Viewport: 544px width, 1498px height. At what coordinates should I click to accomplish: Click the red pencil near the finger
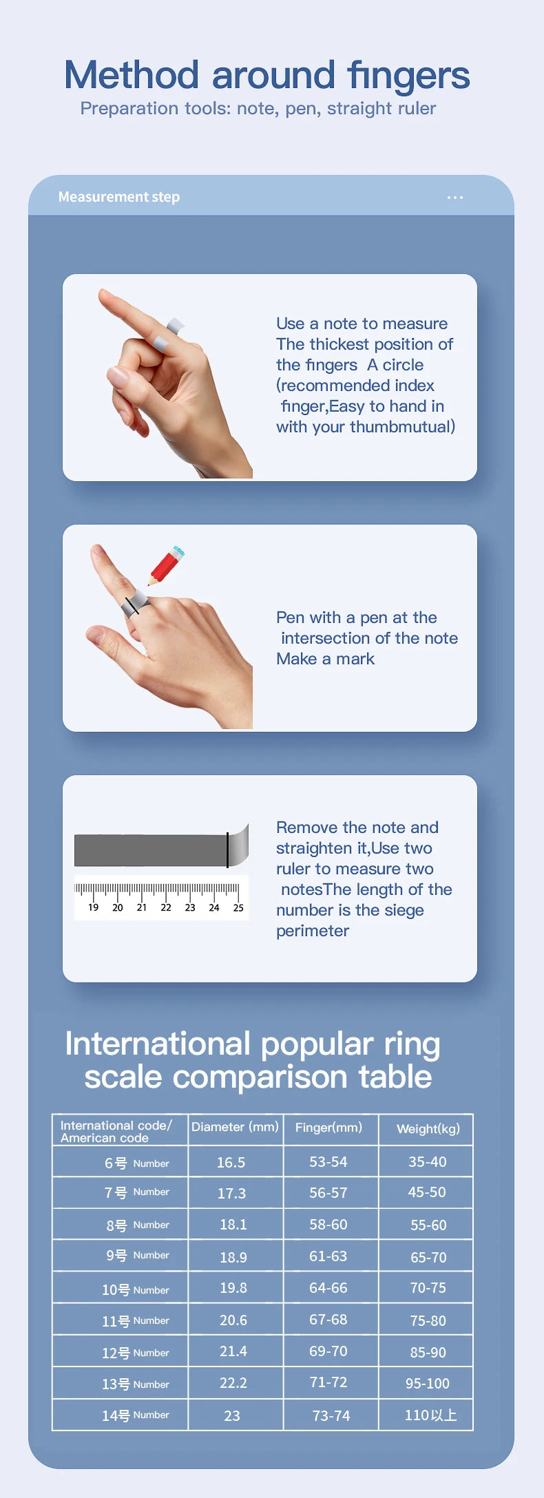click(x=166, y=566)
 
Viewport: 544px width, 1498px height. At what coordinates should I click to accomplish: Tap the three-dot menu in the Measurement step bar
click(x=455, y=198)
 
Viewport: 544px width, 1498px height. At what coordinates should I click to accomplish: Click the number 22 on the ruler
click(x=166, y=907)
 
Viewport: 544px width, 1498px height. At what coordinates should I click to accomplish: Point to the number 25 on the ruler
click(x=238, y=907)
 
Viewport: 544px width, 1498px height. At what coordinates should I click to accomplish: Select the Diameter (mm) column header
click(x=235, y=1127)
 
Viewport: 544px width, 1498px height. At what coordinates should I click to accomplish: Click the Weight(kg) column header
click(x=428, y=1128)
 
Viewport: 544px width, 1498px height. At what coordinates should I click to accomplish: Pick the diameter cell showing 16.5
click(x=231, y=1162)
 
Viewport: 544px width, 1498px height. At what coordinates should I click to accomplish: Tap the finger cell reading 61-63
click(x=328, y=1256)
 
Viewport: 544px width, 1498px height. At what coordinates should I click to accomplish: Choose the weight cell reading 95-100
click(x=427, y=1383)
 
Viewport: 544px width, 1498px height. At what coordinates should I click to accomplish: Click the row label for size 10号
click(x=135, y=1289)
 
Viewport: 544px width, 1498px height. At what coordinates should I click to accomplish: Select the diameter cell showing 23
click(x=232, y=1415)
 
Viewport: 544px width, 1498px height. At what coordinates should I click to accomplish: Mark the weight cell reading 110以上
click(x=430, y=1415)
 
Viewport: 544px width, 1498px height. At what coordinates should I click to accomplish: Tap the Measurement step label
click(x=118, y=197)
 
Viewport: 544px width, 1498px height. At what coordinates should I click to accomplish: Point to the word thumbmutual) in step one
click(x=402, y=427)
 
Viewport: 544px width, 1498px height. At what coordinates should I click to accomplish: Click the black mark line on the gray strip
click(x=227, y=850)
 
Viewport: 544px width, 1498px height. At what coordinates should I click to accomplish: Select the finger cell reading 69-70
click(x=328, y=1351)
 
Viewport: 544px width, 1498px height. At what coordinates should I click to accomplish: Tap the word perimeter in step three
click(x=313, y=931)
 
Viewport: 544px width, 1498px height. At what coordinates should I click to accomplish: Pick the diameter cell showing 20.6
click(x=233, y=1320)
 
